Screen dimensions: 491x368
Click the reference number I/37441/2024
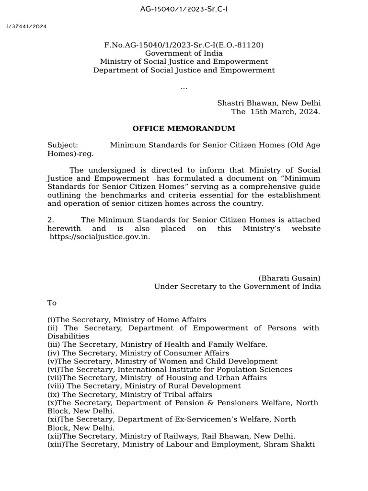(27, 27)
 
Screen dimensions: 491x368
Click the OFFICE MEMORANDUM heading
(184, 129)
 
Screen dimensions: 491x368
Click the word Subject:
(63, 145)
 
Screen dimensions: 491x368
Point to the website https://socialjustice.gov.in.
(100, 237)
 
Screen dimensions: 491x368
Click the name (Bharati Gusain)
(289, 278)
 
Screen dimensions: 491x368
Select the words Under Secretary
(183, 287)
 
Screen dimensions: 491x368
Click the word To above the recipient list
(52, 303)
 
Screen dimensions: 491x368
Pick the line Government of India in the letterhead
(184, 53)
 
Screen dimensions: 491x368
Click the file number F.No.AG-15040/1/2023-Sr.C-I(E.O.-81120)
(184, 45)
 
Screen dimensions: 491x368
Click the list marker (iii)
(54, 344)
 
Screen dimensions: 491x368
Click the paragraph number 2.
(50, 220)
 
